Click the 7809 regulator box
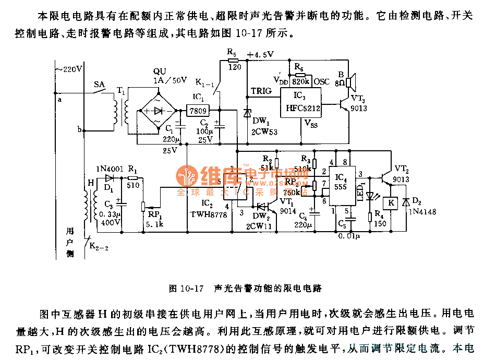[197, 111]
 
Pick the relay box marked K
[390, 202]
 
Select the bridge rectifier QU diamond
[157, 111]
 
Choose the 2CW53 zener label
[265, 131]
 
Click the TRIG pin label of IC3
[261, 91]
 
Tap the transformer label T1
[121, 90]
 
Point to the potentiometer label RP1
[152, 214]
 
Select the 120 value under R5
[234, 67]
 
